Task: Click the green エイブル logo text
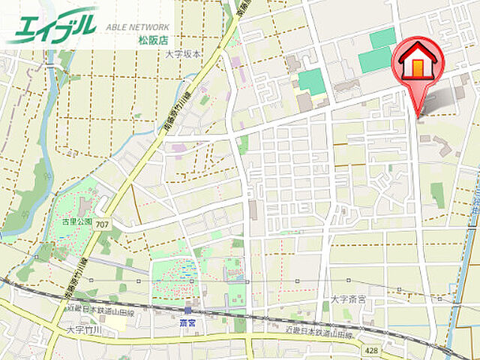52,25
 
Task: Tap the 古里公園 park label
77,222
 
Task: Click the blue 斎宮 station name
187,321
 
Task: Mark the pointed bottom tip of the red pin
418,114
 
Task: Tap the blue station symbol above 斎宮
187,309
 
